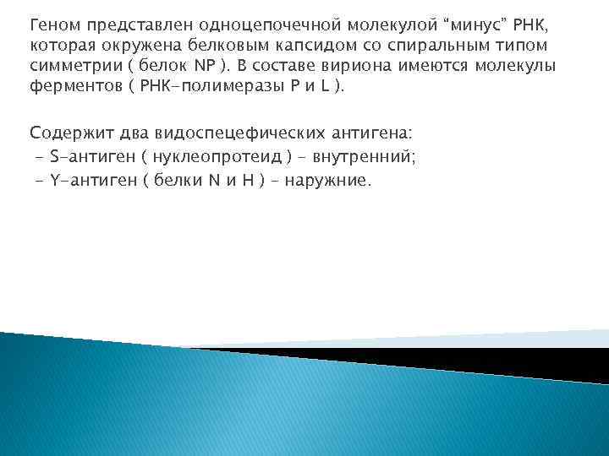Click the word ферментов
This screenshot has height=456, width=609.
point(70,86)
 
